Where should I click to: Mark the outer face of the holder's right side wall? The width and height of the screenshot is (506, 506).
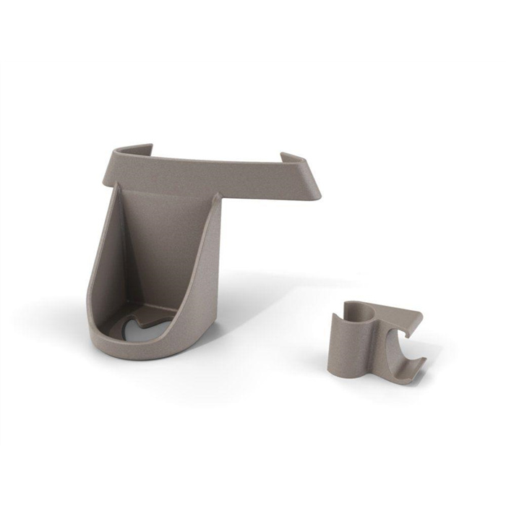pos(206,282)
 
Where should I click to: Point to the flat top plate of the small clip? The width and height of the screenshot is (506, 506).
pos(394,314)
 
